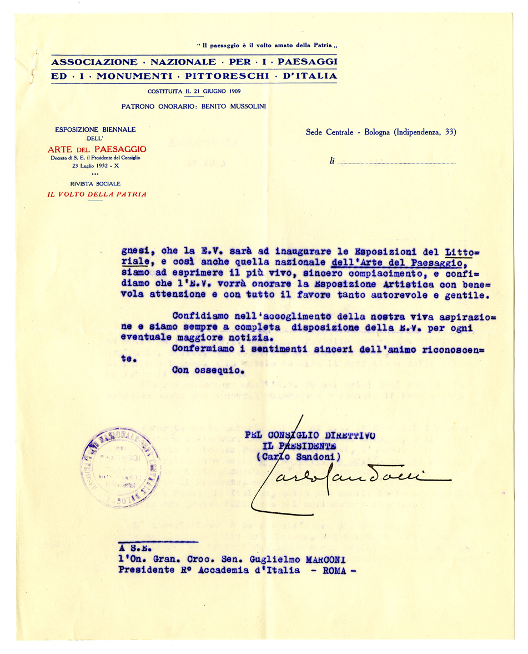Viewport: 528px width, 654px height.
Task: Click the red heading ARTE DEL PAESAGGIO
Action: point(97,149)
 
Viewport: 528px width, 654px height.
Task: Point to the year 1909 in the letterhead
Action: point(232,91)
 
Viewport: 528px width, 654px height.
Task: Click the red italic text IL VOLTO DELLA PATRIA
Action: point(97,194)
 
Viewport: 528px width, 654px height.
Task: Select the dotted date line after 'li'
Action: point(396,163)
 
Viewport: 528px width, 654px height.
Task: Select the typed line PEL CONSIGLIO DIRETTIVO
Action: point(310,435)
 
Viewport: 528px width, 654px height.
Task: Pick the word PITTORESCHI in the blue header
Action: point(222,76)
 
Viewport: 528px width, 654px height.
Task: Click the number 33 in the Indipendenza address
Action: point(449,132)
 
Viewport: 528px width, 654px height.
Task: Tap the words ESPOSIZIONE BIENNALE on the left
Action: point(95,129)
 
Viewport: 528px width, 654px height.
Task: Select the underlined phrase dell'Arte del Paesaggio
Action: point(396,262)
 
